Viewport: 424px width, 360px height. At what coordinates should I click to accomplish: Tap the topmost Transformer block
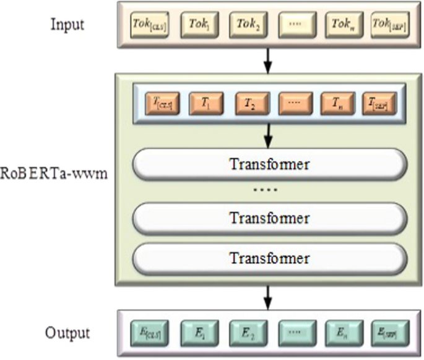pos(269,164)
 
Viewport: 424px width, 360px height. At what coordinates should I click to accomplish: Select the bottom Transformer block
pos(269,257)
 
